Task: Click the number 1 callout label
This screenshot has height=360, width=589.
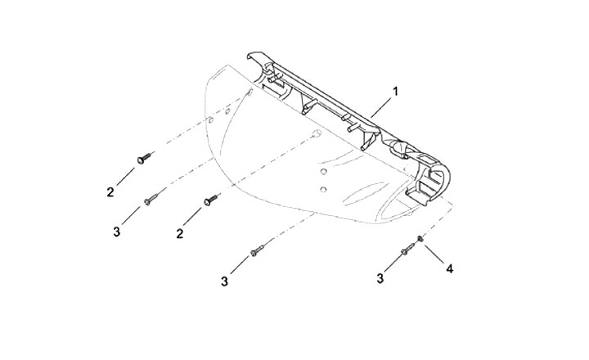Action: (396, 92)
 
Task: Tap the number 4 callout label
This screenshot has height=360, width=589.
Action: (448, 268)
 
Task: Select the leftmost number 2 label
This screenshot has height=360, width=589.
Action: (110, 192)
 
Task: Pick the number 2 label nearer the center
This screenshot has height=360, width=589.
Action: (178, 233)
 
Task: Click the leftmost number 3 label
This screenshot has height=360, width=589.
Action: (117, 232)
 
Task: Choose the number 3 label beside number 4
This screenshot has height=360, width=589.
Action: (380, 279)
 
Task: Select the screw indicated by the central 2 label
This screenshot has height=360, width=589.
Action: (212, 198)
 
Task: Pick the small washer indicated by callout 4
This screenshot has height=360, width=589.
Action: (420, 238)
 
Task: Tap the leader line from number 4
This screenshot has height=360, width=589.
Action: (434, 253)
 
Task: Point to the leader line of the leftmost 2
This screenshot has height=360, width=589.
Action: (125, 177)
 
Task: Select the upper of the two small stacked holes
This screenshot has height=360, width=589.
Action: (324, 173)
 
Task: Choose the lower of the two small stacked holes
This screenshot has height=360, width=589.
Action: (324, 190)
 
